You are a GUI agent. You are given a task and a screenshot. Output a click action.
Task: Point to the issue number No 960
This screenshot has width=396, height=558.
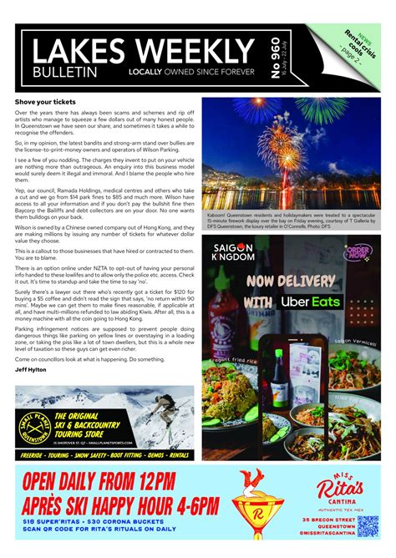click(x=276, y=58)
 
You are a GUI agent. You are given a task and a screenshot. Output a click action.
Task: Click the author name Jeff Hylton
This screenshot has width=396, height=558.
click(x=31, y=368)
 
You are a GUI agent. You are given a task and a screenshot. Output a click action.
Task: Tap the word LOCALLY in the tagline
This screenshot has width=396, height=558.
click(x=146, y=73)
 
